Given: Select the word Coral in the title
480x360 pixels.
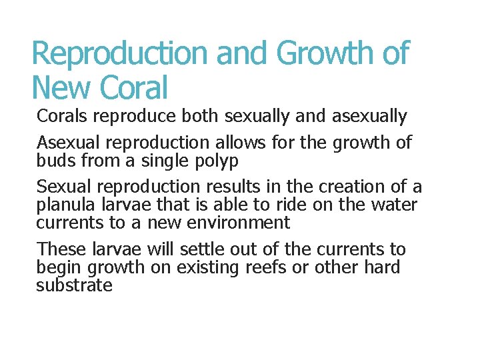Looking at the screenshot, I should [x=135, y=87].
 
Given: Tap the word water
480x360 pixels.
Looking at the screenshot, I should [x=393, y=205].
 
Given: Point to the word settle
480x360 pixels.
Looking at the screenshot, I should [x=201, y=249].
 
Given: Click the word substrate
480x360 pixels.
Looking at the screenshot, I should [x=74, y=285].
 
